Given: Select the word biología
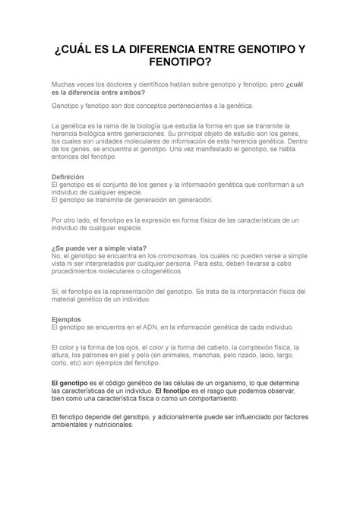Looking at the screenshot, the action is coord(150,123).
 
